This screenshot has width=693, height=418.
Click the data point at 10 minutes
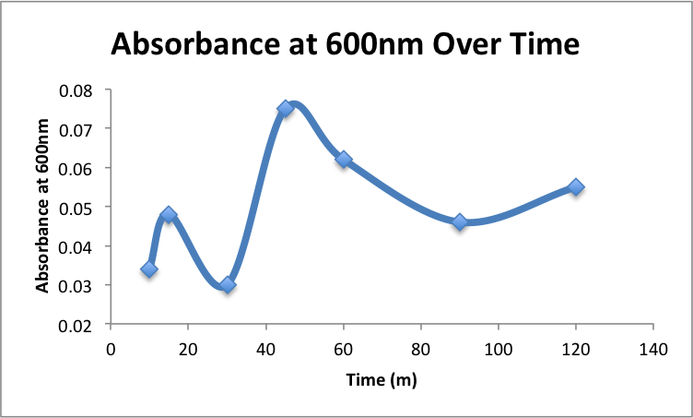(x=149, y=269)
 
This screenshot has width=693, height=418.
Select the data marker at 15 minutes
(x=169, y=215)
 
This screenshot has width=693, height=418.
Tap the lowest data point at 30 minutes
(x=228, y=285)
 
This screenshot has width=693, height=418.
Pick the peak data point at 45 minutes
(x=286, y=108)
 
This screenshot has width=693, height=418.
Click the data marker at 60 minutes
(x=344, y=160)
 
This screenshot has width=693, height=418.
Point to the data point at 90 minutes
(x=460, y=221)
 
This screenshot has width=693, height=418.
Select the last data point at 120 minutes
(x=576, y=186)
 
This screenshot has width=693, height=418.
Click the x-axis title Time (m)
(x=382, y=379)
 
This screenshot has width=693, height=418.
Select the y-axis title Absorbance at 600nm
(x=42, y=208)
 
